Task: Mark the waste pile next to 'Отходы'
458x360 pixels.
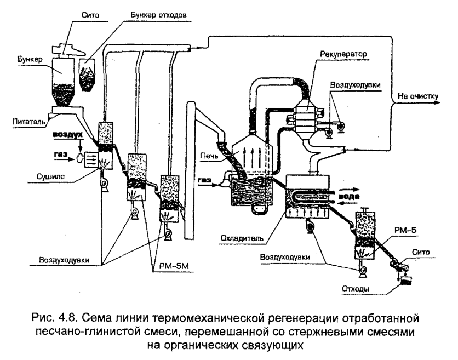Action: (406, 282)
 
